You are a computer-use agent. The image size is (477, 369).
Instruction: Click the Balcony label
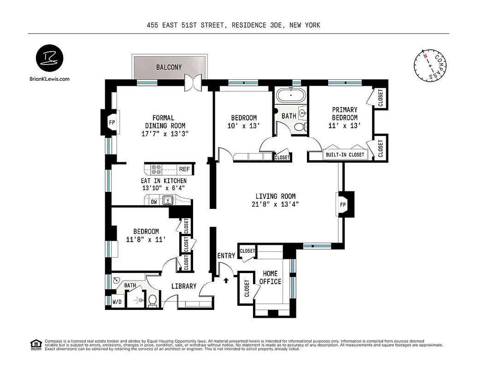pos(169,67)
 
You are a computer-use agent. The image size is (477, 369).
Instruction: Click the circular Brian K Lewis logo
pos(50,59)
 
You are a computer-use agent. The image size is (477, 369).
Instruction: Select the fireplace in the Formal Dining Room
pos(111,122)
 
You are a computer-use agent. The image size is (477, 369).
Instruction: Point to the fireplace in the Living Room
pos(343,204)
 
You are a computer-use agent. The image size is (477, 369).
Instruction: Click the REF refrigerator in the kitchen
pos(184,169)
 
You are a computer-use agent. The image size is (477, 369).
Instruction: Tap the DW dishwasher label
pos(153,201)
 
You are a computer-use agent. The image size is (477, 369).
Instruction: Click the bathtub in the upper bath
pos(291,96)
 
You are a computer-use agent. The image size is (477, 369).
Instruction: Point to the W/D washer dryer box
pos(118,303)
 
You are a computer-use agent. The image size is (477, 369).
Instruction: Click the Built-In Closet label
pos(345,155)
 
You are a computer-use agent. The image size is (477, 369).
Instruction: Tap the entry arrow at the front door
pos(226,280)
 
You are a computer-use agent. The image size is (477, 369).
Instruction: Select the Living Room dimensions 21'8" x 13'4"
pos(276,205)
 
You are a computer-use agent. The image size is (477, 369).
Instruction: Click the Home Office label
pos(270,278)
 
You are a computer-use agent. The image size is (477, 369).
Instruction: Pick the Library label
pos(184,286)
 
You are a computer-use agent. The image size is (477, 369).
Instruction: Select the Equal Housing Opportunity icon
pos(35,344)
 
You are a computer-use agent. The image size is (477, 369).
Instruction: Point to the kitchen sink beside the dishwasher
pos(168,201)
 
